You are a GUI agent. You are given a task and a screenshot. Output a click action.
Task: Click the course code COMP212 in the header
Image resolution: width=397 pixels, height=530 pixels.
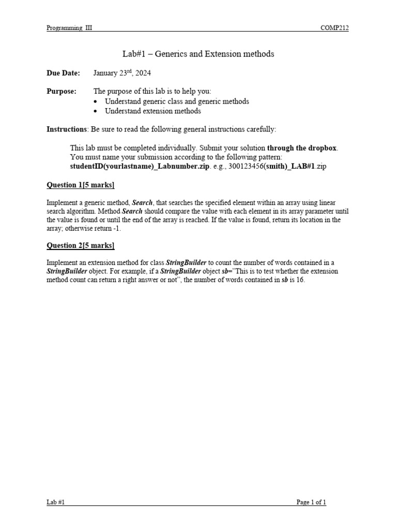coord(335,28)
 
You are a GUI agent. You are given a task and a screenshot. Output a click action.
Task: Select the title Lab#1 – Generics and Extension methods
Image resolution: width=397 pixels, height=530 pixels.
coord(198,54)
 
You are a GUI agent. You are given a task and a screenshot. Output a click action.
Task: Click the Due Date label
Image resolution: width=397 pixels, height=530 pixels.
coord(64,73)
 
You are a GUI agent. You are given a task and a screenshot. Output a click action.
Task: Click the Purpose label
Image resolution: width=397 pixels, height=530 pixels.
coord(62,92)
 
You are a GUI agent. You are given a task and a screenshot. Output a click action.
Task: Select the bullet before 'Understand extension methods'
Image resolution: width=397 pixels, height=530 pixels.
coord(97,111)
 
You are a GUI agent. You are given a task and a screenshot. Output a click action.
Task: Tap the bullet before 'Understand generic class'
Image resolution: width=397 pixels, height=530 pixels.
coord(97,101)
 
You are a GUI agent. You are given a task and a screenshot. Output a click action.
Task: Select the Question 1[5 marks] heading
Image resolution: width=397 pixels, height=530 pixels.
coord(81,185)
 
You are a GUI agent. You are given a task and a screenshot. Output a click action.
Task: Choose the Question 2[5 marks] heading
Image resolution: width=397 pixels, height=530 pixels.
coord(81,245)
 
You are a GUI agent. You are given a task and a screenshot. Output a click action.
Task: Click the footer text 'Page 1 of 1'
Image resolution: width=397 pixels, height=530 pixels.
coord(311,502)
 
